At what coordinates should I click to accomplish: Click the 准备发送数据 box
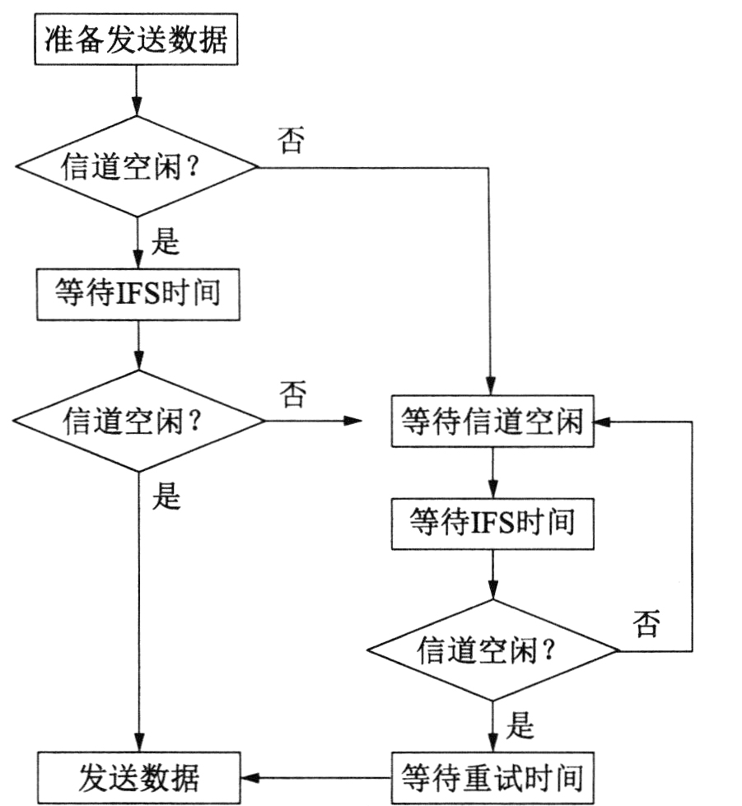pos(136,40)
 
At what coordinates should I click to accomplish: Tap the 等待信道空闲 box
pos(492,423)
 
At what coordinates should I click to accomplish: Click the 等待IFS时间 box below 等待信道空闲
pos(492,523)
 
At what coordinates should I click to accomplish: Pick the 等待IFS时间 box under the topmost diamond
pos(138,294)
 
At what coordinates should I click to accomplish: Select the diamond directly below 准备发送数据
pos(137,167)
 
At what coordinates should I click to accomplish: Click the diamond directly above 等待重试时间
pos(492,651)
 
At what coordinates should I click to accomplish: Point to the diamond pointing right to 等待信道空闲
pos(138,421)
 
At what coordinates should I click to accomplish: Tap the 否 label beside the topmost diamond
pos(292,141)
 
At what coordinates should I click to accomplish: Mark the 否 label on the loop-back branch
pos(646,624)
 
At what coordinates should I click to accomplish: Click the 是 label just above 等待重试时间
pos(520,726)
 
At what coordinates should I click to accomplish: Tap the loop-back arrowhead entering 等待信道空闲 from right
pos(602,422)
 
